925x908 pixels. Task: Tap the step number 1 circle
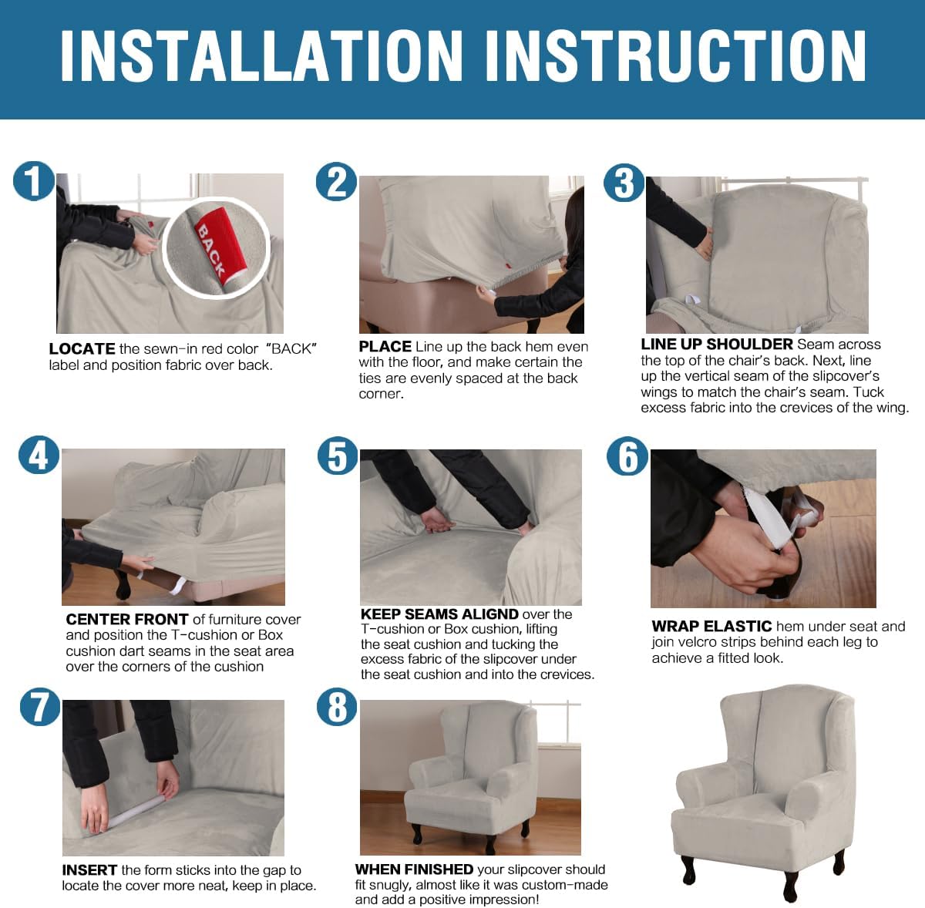coord(33,182)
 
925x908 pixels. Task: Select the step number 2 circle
coord(336,183)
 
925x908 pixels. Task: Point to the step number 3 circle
coord(624,183)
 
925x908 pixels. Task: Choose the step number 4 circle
coord(39,456)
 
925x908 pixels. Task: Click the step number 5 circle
coord(337,456)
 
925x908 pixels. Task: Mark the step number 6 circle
coord(627,456)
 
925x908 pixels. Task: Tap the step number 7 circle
coord(39,707)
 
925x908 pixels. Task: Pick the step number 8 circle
coord(337,707)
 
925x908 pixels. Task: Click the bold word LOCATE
coord(82,349)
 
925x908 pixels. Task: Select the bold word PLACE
coord(385,347)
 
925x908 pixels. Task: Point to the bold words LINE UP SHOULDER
coord(716,345)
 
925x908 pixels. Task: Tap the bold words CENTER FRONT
coord(127,620)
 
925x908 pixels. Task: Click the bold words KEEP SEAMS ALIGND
coord(439,614)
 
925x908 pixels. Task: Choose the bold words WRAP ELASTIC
coord(711,627)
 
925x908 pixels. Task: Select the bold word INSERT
coord(89,870)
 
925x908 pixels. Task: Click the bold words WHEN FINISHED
coord(414,869)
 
